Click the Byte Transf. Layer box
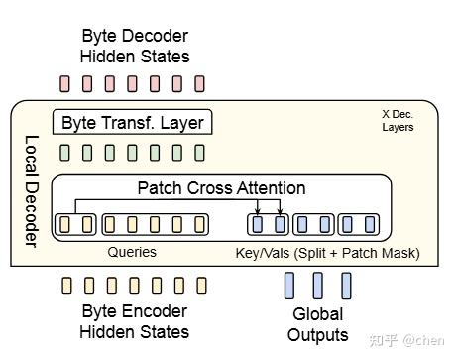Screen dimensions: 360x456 (132, 123)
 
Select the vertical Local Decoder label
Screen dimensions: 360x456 (30, 189)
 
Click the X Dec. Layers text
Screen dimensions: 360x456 (398, 121)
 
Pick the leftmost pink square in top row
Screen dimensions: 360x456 (65, 83)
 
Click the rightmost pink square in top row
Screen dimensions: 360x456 (200, 83)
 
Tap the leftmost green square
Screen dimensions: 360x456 (65, 153)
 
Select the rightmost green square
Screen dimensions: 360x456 (200, 153)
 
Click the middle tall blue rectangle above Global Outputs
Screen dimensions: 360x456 (318, 286)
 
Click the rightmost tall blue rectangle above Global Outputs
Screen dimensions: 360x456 (347, 286)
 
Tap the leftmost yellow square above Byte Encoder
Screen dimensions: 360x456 (65, 286)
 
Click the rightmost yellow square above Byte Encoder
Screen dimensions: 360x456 (200, 286)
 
